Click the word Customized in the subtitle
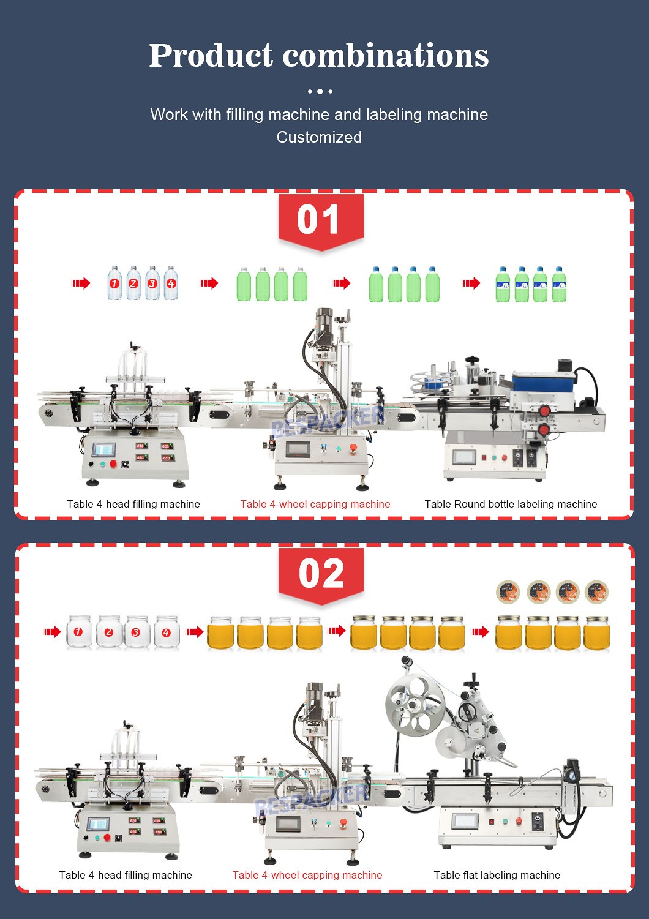click(x=319, y=137)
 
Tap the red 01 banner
click(x=320, y=220)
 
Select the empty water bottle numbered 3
click(x=152, y=283)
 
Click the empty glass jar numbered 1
click(x=78, y=632)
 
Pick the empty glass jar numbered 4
click(x=167, y=632)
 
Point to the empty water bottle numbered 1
click(x=114, y=283)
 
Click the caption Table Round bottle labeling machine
click(x=511, y=504)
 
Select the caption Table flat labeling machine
click(x=497, y=875)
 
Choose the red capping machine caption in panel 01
click(x=315, y=504)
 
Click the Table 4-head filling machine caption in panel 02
click(x=126, y=875)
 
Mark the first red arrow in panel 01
click(x=81, y=283)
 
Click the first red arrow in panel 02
click(x=51, y=632)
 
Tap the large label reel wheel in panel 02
click(x=415, y=704)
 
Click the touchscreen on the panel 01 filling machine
click(x=103, y=451)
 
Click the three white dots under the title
click(x=320, y=91)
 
